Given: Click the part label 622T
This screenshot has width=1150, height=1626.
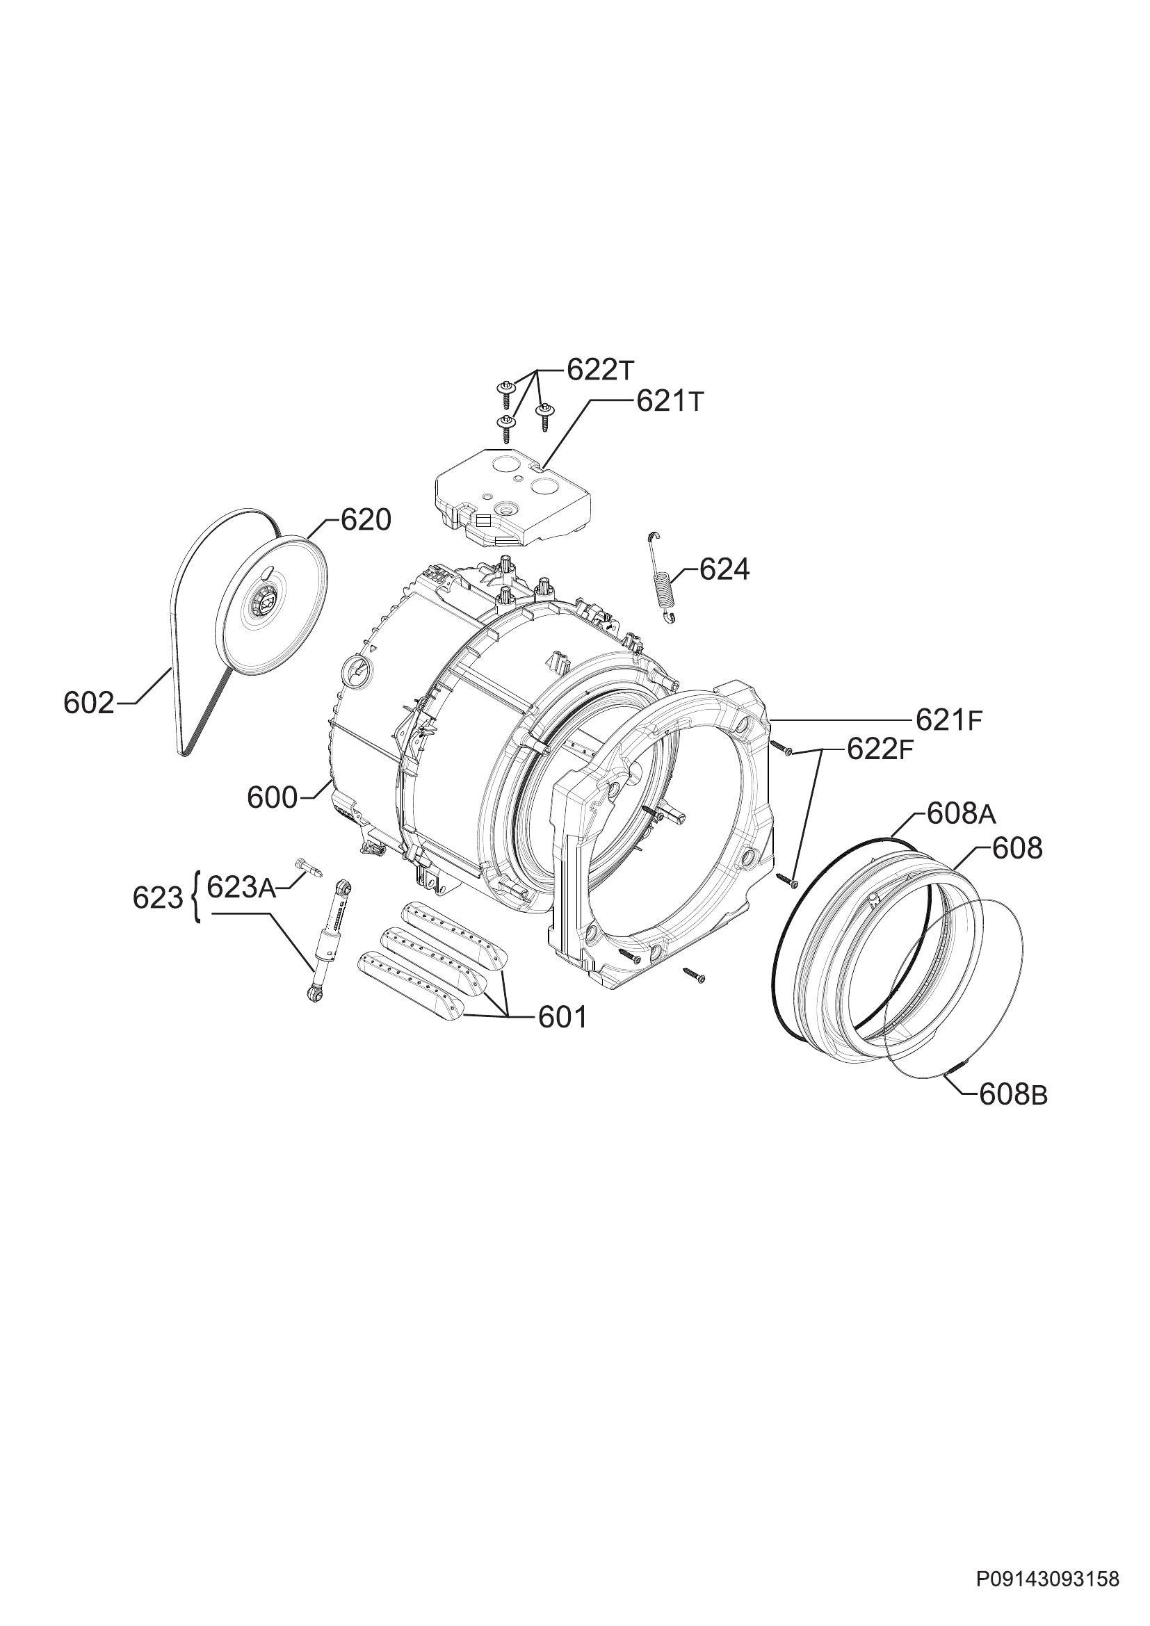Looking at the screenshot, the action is point(601,371).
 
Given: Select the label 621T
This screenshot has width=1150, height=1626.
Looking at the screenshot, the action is point(670,402).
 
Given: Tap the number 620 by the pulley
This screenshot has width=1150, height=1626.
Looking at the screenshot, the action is point(366,521).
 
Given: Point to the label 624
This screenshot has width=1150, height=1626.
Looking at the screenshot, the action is point(724,569).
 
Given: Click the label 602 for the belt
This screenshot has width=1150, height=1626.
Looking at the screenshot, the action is point(88,704).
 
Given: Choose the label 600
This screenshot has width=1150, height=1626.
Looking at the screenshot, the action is point(273,798).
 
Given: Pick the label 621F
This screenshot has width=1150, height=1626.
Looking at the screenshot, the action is point(950,720).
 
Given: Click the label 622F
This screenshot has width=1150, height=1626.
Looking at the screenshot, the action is point(880,750).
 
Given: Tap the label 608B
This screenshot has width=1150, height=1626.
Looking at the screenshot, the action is point(1013,1096).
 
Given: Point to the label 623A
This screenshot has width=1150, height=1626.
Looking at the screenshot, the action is point(241,887).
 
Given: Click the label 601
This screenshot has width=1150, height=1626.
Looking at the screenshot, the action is point(563,1018).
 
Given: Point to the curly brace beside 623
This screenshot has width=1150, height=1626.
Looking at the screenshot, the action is point(195,898).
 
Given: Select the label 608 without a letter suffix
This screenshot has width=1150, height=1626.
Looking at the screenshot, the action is point(1018,847).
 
